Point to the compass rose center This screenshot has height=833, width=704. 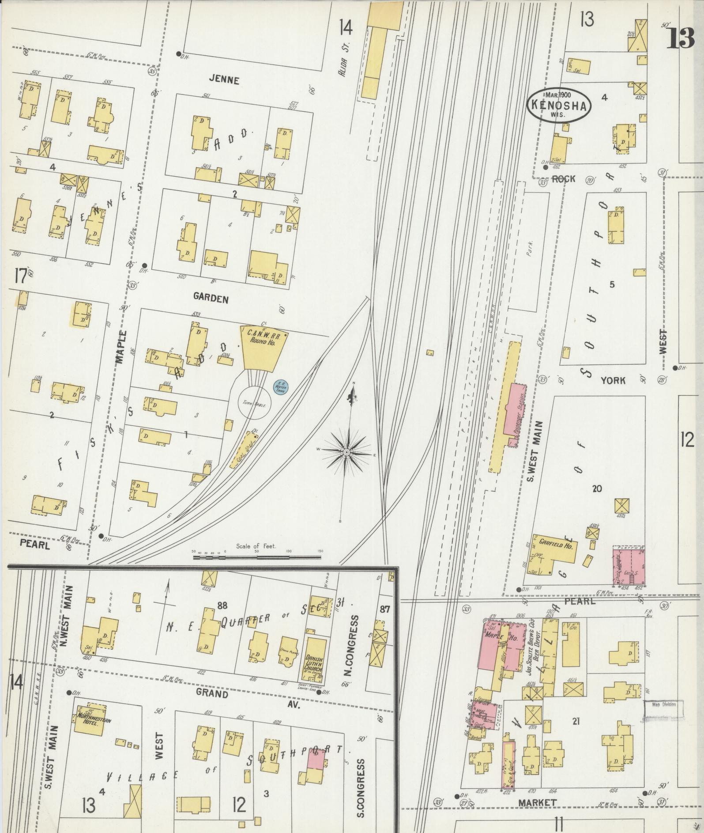(x=347, y=453)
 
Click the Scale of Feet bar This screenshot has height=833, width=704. (x=258, y=557)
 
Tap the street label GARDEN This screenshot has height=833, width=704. (x=211, y=299)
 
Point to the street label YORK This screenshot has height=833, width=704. (x=613, y=380)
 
